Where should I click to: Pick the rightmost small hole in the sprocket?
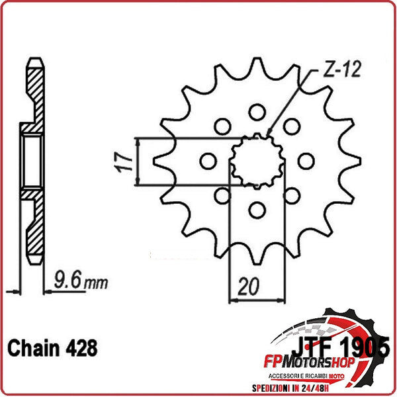point(305,161)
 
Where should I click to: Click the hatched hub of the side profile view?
point(31,159)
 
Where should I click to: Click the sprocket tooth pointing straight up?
point(255,66)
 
